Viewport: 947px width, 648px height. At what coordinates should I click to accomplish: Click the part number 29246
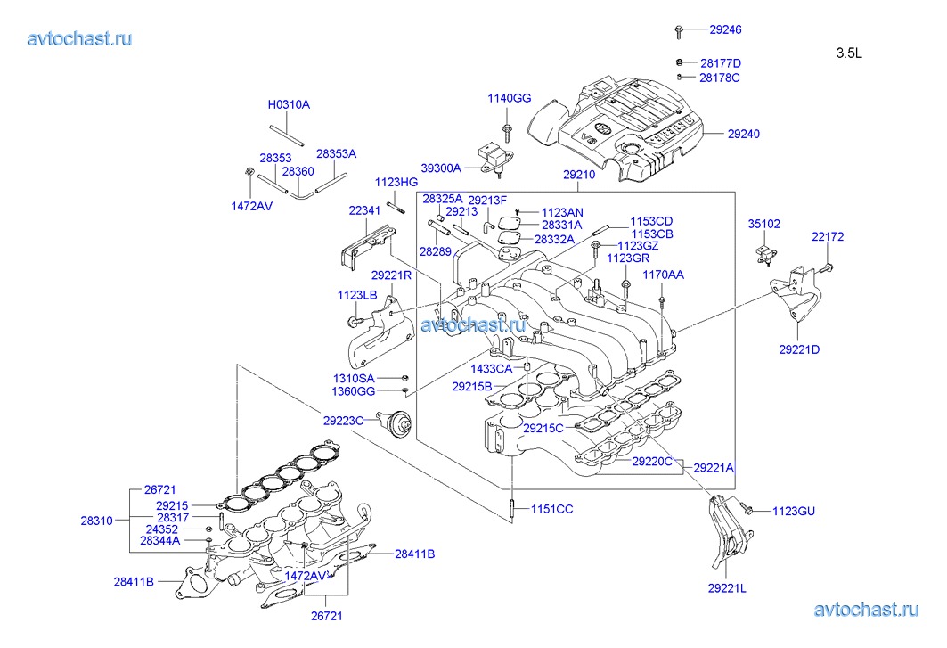tap(725, 29)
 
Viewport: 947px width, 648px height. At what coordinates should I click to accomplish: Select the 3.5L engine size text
tap(849, 53)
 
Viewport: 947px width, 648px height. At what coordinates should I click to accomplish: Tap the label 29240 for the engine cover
tap(743, 134)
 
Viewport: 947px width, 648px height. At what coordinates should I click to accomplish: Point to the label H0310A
tap(289, 104)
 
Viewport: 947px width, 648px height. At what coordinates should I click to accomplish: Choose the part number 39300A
tap(441, 168)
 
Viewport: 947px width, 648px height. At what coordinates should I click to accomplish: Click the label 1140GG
tap(509, 98)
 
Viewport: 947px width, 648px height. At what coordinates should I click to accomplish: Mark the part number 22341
tap(364, 210)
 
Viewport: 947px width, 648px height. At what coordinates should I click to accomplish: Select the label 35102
tap(763, 225)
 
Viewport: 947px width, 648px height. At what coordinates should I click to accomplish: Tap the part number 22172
tap(827, 237)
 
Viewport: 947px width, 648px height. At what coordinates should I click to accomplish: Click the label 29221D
tap(799, 349)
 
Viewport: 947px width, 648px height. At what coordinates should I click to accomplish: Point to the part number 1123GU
tap(793, 511)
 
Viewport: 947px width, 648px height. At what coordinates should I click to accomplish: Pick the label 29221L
tap(728, 587)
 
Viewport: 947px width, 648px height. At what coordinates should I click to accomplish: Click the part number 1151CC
tap(552, 509)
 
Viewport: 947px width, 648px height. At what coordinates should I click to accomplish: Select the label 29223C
tap(344, 420)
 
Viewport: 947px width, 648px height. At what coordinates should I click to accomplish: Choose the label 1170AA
tap(663, 275)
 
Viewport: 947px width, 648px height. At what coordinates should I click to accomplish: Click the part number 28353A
tap(336, 153)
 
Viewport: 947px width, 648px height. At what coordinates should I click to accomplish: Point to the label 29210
tap(578, 175)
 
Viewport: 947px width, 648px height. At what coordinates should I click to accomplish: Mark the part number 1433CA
tap(492, 368)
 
